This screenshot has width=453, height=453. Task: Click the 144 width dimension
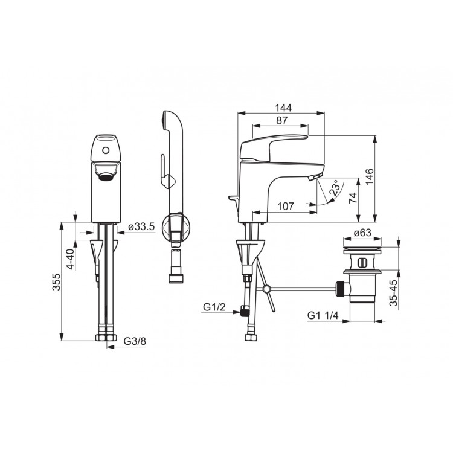coord(283,108)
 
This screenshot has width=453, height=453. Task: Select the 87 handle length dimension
coord(281,120)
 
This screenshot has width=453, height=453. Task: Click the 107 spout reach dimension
coord(286,207)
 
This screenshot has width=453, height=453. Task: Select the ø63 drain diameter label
coord(362,233)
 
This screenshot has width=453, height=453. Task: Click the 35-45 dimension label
coord(393,293)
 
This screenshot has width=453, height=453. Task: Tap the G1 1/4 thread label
coord(323,315)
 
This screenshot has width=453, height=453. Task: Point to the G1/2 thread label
coord(214,307)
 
